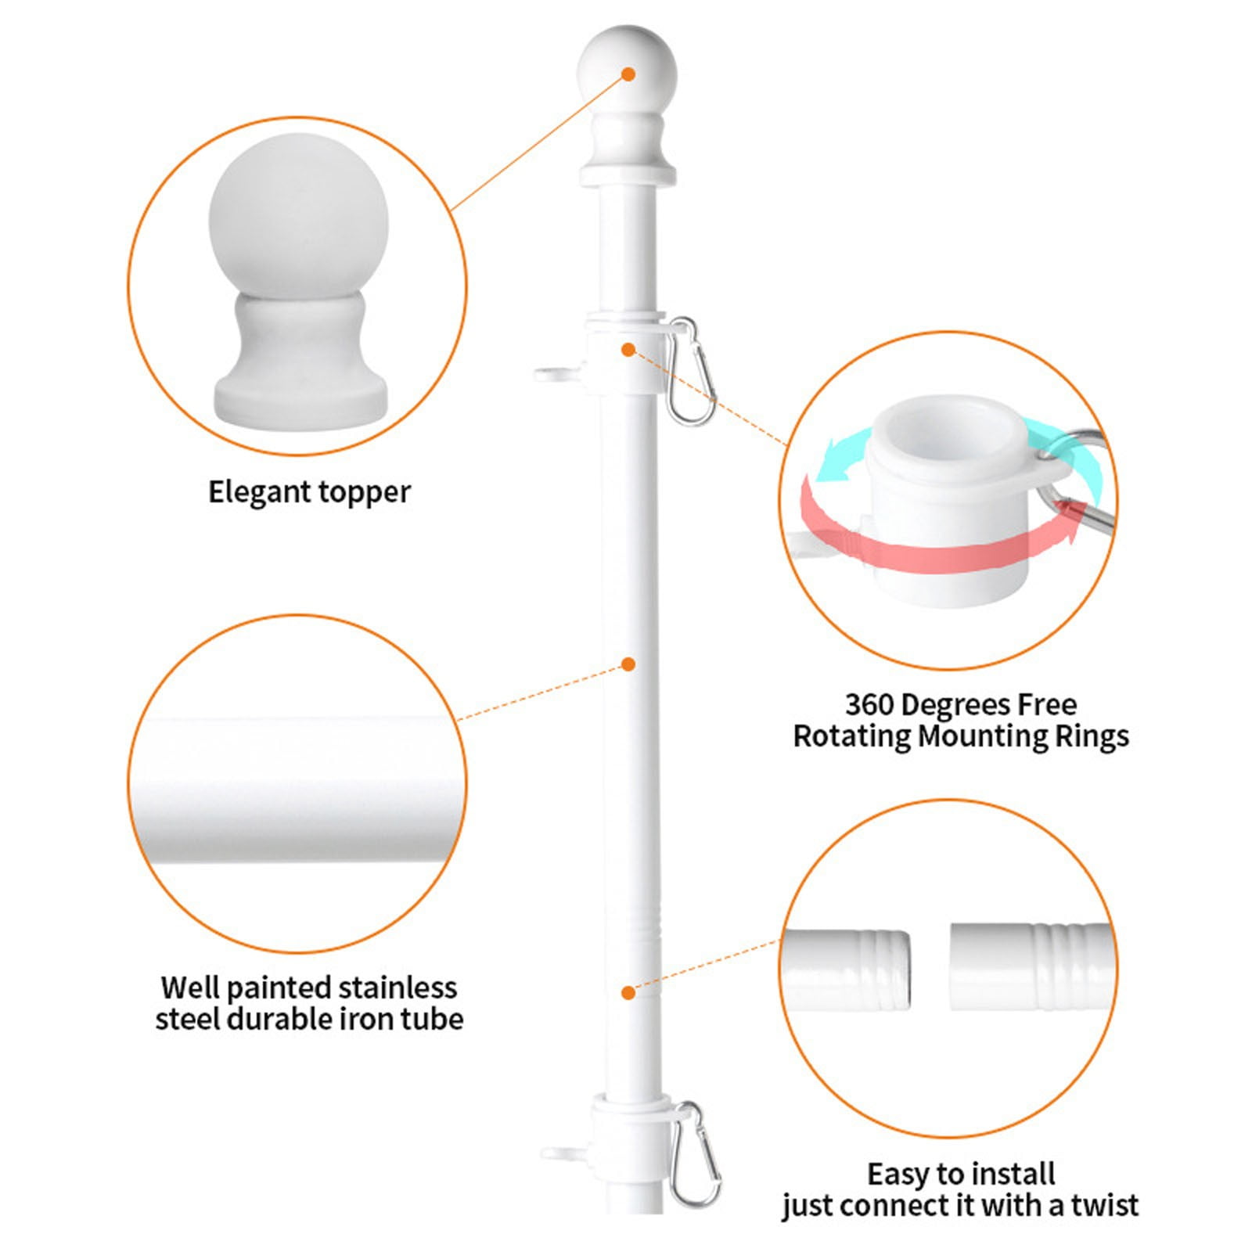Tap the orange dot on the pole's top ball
pyautogui.click(x=628, y=74)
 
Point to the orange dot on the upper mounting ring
pyautogui.click(x=628, y=350)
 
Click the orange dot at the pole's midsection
pyautogui.click(x=628, y=664)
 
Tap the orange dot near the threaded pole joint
pyautogui.click(x=628, y=993)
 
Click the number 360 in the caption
pyautogui.click(x=869, y=705)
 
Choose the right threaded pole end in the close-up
pyautogui.click(x=1030, y=967)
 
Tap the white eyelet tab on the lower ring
pyautogui.click(x=563, y=1152)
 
